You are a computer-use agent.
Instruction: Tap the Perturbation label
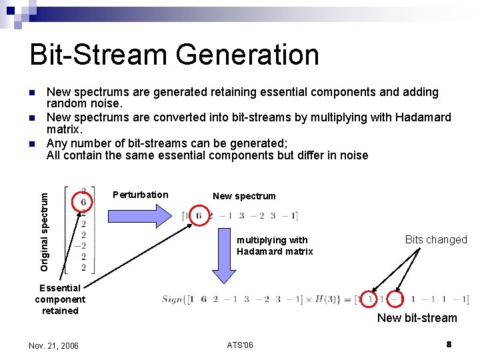(141, 195)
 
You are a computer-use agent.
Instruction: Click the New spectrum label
(244, 196)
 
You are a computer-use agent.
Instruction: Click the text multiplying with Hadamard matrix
(275, 245)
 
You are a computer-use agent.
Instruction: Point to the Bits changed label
(436, 240)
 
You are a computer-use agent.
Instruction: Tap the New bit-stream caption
(417, 318)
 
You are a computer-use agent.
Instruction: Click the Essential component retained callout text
(60, 299)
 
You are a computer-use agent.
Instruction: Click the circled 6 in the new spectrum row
(199, 216)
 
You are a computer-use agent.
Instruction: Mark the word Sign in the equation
(173, 299)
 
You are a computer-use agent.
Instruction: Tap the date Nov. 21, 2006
(53, 345)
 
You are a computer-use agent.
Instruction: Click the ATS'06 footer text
(240, 345)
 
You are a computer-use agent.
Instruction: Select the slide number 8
(449, 344)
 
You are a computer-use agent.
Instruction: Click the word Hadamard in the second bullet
(423, 117)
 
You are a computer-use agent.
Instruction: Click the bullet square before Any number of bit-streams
(31, 143)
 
